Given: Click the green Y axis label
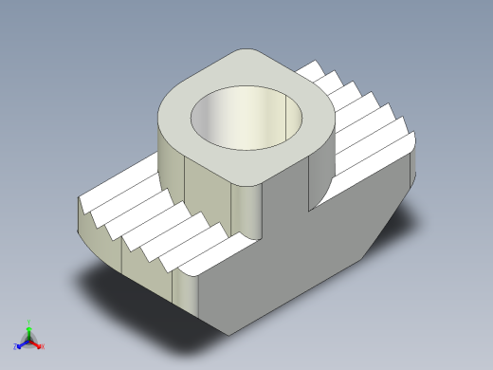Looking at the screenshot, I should coord(29,322).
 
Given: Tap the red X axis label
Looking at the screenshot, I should coord(43,346).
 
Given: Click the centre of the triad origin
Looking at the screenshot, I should coord(29,339).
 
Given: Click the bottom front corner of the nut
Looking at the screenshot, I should coord(228,332).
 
